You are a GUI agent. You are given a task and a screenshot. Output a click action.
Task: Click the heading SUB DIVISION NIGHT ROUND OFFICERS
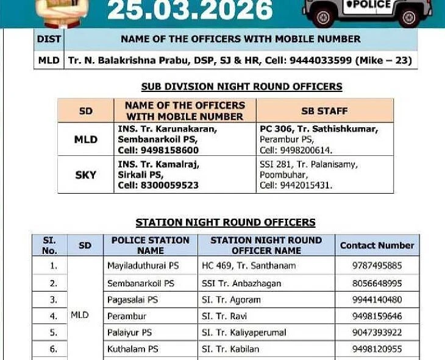point(241,86)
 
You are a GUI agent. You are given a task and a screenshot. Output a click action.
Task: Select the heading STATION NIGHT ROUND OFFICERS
point(226,222)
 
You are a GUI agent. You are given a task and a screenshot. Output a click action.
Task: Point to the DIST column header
point(49,39)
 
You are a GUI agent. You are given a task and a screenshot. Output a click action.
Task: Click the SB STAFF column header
point(324,111)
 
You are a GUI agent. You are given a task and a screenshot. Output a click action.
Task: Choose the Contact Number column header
point(377,245)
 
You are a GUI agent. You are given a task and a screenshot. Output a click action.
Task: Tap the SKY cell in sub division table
point(85,175)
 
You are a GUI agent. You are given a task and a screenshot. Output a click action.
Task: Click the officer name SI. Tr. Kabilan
point(230,349)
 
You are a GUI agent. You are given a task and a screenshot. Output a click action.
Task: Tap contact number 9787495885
point(377,266)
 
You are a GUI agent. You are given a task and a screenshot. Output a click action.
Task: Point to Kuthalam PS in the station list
point(132,349)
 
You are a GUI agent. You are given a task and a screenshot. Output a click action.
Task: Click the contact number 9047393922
point(377,333)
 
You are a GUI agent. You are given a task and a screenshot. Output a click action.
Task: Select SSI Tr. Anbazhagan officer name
point(241,283)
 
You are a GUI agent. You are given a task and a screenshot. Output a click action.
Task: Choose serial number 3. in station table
point(54,300)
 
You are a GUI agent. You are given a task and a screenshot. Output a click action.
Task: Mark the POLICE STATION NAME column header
point(151,245)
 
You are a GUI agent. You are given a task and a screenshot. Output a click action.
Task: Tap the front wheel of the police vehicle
point(409,17)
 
